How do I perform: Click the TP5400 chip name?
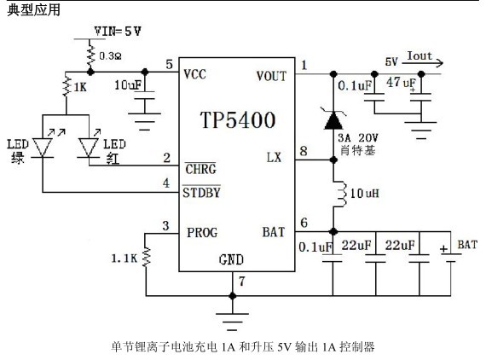pyautogui.click(x=238, y=120)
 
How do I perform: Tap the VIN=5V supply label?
pyautogui.click(x=118, y=31)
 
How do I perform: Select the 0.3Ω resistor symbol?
pyautogui.click(x=90, y=55)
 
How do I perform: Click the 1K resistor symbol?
pyautogui.click(x=66, y=85)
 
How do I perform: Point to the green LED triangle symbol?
pyautogui.click(x=43, y=148)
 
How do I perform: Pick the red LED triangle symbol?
pyautogui.click(x=89, y=148)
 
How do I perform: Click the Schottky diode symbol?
pyautogui.click(x=333, y=120)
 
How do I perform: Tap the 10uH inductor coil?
pyautogui.click(x=340, y=194)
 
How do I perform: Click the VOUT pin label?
pyautogui.click(x=271, y=76)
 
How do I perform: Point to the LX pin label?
pyautogui.click(x=275, y=157)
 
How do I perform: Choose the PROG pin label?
pyautogui.click(x=202, y=233)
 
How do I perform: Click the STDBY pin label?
pyautogui.click(x=201, y=193)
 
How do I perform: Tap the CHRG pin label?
pyautogui.click(x=201, y=169)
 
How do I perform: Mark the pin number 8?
pyautogui.click(x=304, y=151)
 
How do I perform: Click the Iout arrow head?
pyautogui.click(x=440, y=63)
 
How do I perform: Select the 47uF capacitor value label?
pyautogui.click(x=401, y=83)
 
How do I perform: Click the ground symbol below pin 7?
pyautogui.click(x=232, y=322)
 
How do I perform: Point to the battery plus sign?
pyautogui.click(x=444, y=249)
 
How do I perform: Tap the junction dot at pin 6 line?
pyautogui.click(x=333, y=231)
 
